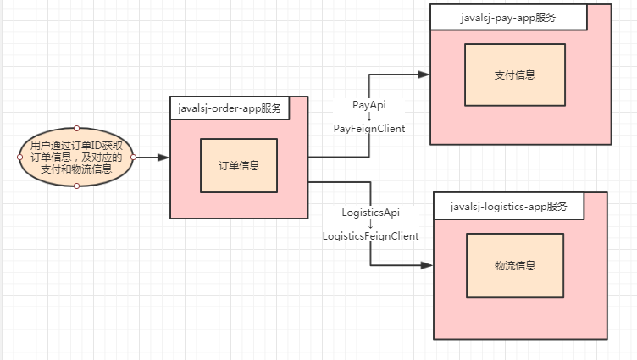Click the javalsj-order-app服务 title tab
tap(230, 108)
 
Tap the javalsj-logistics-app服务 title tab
tap(508, 206)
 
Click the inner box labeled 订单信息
tap(238, 165)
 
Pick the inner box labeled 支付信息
tap(514, 75)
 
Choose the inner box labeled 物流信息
tap(514, 265)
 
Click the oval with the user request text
tap(76, 158)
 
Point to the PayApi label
tap(368, 104)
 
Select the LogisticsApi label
tap(370, 212)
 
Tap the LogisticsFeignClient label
tap(370, 236)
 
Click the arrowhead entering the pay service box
tap(424, 75)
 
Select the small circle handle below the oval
tap(76, 186)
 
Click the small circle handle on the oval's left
tap(19, 158)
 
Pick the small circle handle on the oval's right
tap(134, 158)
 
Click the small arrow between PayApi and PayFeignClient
tap(368, 116)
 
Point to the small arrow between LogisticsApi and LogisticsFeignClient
tap(370, 224)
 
